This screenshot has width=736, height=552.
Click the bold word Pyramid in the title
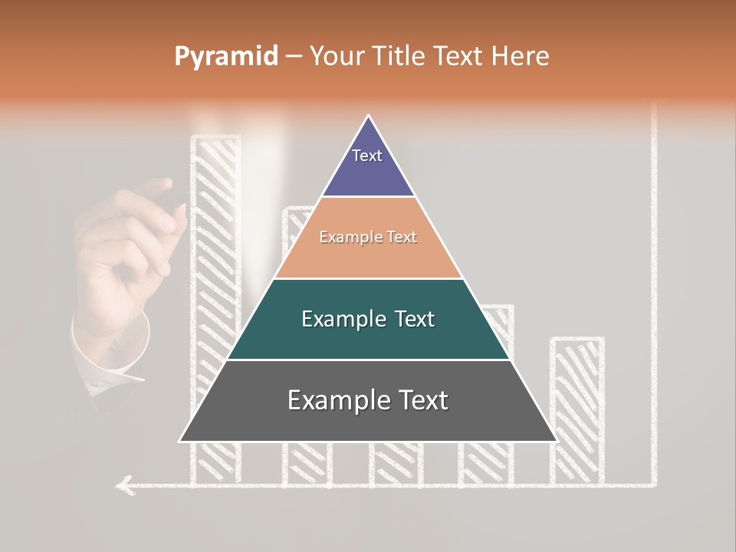coord(225,57)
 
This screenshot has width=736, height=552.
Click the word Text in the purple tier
coord(367,156)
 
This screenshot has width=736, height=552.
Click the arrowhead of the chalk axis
coord(122,485)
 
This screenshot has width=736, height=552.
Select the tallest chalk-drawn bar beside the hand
coord(215,230)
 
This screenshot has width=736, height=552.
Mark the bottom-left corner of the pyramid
coord(180,441)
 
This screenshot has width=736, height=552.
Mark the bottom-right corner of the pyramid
coord(556,441)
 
